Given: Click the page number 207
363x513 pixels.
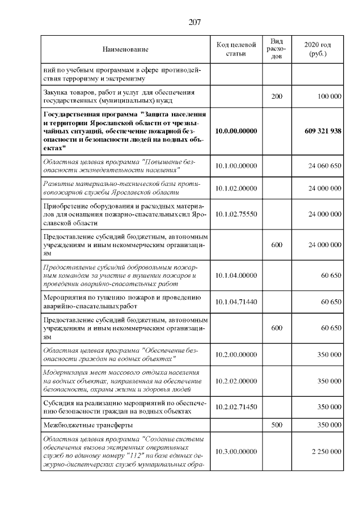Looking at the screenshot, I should (181, 23).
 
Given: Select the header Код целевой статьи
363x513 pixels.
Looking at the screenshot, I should (237, 49).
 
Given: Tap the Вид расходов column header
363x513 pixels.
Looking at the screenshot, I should (277, 49).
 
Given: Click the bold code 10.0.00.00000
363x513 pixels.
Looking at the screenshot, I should (237, 131).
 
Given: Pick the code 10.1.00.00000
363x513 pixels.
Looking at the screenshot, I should (237, 166).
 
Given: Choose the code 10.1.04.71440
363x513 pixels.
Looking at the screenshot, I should (237, 302).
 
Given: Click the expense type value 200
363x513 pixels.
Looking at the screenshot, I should (277, 97).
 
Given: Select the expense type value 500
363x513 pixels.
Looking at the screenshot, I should (277, 424).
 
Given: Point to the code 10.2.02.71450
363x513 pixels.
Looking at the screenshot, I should (237, 406).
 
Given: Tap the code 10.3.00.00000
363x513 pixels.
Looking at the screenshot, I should (237, 451).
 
